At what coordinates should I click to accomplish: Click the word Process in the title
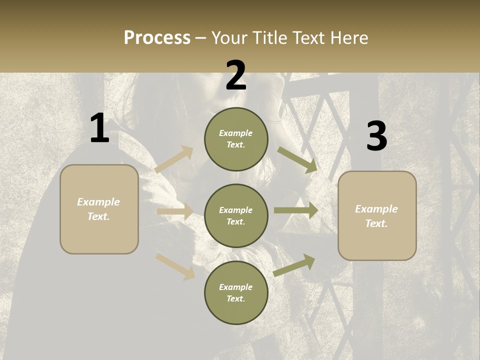[x=157, y=37]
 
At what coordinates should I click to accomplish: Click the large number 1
[x=99, y=128]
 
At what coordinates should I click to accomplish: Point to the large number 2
[x=236, y=75]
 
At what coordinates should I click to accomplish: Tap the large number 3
[x=376, y=136]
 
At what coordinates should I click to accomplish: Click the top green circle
[x=236, y=139]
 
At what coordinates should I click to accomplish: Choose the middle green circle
[x=236, y=215]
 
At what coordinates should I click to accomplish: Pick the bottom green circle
[x=236, y=293]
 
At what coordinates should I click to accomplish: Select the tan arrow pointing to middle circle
[x=175, y=211]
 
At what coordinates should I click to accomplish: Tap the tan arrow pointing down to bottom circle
[x=175, y=266]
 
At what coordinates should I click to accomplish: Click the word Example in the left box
[x=98, y=202]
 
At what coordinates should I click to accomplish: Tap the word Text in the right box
[x=376, y=223]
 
